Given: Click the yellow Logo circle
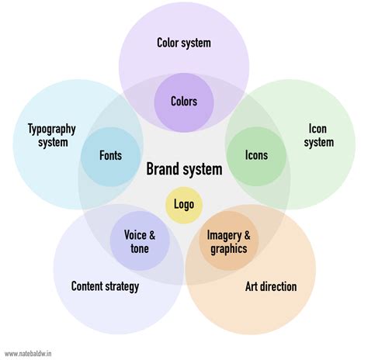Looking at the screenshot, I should coord(184,206).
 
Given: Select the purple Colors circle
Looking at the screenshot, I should coord(184,101).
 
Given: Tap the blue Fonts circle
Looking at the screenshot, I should coord(110,155).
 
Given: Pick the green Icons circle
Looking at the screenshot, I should coord(256,155).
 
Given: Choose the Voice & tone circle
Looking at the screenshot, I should coord(140,241).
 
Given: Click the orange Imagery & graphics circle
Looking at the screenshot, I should coord(227,241).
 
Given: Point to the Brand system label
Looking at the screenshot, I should coord(184,169).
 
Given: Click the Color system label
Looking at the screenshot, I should coord(184,43).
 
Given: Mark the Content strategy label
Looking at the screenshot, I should coord(105,287).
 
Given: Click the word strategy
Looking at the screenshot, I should coord(120,287).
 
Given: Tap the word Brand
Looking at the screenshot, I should coord(162,169).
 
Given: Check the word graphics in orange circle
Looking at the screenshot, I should coord(227,249).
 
